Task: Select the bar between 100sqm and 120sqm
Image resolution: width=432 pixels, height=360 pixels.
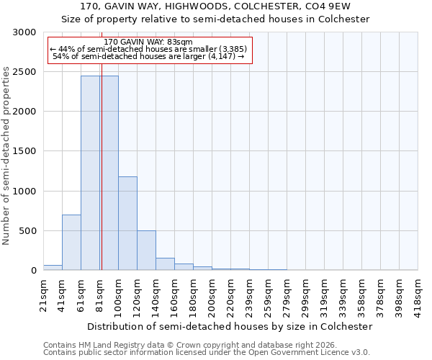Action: (x=127, y=223)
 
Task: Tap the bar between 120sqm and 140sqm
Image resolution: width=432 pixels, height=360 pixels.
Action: (x=146, y=250)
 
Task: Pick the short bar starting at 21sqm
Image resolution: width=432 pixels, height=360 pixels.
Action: (x=53, y=267)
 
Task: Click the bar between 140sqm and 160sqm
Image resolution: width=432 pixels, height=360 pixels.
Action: (x=165, y=264)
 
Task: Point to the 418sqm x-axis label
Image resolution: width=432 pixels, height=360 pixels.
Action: (x=418, y=292)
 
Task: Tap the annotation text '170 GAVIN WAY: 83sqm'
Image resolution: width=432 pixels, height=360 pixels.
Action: (x=148, y=42)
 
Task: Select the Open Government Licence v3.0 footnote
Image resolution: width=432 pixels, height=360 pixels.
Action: (x=207, y=353)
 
